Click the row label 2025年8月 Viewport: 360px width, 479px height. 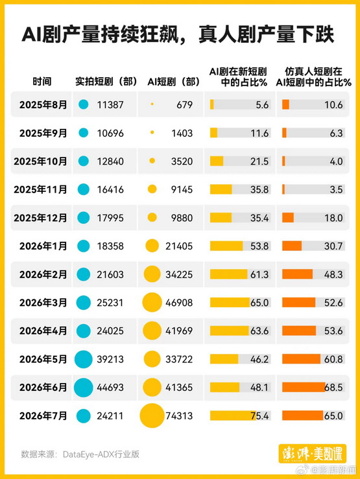(x=43, y=105)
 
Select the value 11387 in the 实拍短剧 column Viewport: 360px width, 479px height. (x=110, y=105)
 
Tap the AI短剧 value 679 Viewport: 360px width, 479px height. (x=185, y=105)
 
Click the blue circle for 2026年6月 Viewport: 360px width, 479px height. (x=84, y=388)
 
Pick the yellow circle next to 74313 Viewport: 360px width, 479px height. (x=152, y=415)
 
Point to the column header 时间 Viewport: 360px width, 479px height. (x=42, y=82)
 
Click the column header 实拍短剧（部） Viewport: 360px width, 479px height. (x=106, y=82)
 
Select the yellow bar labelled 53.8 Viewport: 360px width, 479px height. (x=226, y=246)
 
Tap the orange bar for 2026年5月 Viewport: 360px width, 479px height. (x=301, y=359)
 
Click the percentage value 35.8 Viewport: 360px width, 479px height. (x=259, y=189)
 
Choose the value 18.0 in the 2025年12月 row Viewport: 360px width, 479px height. (x=333, y=218)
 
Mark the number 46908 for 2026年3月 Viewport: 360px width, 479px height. (x=179, y=303)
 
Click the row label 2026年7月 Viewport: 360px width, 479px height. (x=43, y=415)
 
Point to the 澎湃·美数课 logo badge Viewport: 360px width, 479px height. (x=313, y=454)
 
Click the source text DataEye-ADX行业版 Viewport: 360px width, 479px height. (x=101, y=454)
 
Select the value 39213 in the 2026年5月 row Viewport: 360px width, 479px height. (x=110, y=359)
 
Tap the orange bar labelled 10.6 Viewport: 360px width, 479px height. (x=285, y=104)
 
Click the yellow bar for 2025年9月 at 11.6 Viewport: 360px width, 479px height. (x=213, y=133)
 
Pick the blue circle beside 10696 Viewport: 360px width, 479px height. (x=84, y=133)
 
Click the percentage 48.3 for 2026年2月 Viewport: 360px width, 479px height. (x=333, y=274)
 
